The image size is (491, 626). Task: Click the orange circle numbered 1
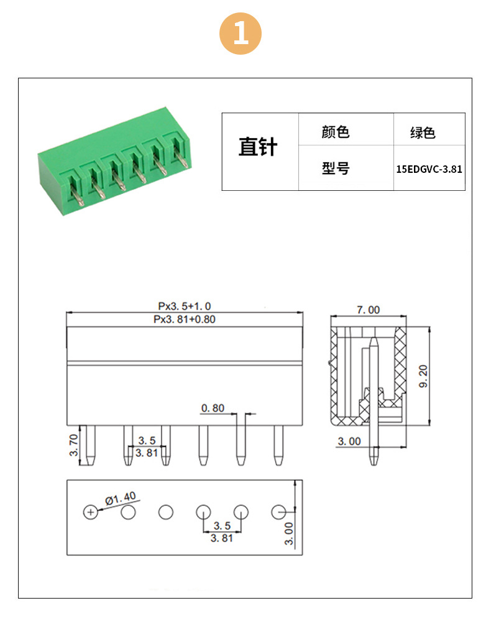tap(241, 34)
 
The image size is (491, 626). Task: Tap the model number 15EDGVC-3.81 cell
tap(429, 169)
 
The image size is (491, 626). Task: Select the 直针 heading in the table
tap(258, 147)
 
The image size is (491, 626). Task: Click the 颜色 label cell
tap(336, 132)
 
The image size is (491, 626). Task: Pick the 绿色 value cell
tap(423, 132)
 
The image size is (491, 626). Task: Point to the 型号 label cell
tap(336, 168)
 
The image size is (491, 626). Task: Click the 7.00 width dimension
tap(368, 310)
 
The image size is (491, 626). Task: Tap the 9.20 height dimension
tap(423, 376)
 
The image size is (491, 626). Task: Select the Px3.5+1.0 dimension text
tap(185, 306)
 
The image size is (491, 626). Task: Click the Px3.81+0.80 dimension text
tap(185, 320)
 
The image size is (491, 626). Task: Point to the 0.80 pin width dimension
tap(213, 408)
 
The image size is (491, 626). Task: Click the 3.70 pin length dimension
tap(74, 445)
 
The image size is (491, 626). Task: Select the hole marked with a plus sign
tap(91, 512)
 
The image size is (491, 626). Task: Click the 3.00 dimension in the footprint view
tap(288, 534)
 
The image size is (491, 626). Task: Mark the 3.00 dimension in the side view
tap(349, 441)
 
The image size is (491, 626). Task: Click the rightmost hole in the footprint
tap(278, 512)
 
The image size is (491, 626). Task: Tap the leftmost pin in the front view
tap(91, 445)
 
